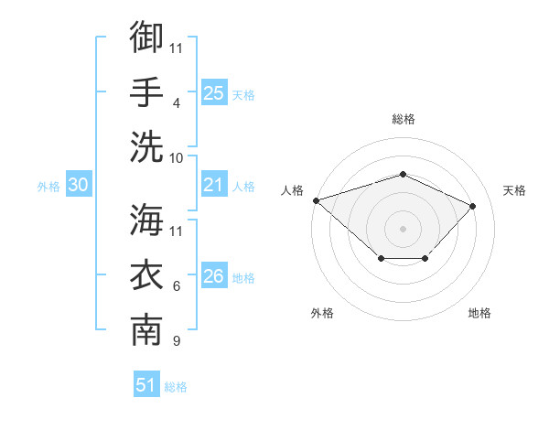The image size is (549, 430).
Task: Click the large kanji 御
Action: pyautogui.click(x=146, y=37)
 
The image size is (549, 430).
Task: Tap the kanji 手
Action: pyautogui.click(x=146, y=91)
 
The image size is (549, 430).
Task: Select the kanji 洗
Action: pyautogui.click(x=146, y=146)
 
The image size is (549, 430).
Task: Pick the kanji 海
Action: pyautogui.click(x=146, y=220)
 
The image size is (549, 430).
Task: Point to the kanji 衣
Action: pyautogui.click(x=146, y=274)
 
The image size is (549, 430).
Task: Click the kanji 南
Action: pyautogui.click(x=146, y=329)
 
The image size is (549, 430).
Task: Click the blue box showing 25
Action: pyautogui.click(x=214, y=92)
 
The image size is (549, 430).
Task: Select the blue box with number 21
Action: pyautogui.click(x=214, y=184)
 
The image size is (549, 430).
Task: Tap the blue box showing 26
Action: pyautogui.click(x=214, y=274)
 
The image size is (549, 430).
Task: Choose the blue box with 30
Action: pyautogui.click(x=79, y=184)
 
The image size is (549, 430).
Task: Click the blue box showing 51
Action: pyautogui.click(x=146, y=383)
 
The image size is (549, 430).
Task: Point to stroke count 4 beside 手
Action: pyautogui.click(x=177, y=103)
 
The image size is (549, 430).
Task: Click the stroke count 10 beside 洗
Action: pyautogui.click(x=176, y=158)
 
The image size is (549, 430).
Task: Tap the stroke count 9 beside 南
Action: pyautogui.click(x=177, y=340)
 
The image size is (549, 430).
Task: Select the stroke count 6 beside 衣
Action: pyautogui.click(x=177, y=286)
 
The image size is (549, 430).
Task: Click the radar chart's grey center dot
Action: pyautogui.click(x=403, y=229)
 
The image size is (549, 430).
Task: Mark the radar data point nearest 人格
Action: pyautogui.click(x=317, y=200)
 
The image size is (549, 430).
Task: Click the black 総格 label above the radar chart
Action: pyautogui.click(x=404, y=119)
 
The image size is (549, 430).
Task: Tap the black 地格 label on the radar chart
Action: pyautogui.click(x=479, y=313)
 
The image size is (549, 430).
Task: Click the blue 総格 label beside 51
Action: pyautogui.click(x=176, y=387)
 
